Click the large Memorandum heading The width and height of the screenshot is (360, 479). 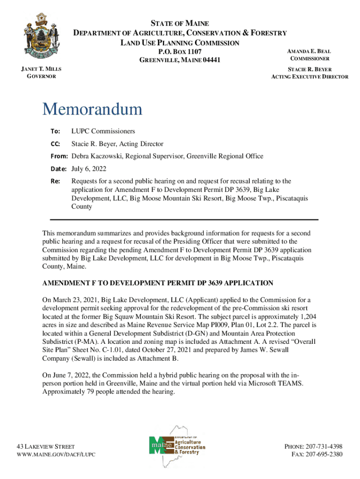(x=92, y=109)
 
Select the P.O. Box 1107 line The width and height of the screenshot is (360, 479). (x=180, y=51)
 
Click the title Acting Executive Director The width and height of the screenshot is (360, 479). (x=310, y=77)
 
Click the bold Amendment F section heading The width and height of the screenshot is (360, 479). (x=158, y=283)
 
